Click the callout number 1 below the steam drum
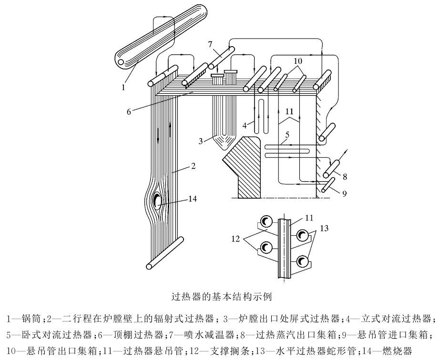[x=123, y=87]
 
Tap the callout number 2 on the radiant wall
[x=193, y=166]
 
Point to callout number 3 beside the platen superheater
[x=200, y=141]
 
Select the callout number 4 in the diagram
[x=245, y=125]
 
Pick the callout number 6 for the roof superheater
[x=129, y=112]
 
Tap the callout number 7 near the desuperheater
[x=210, y=44]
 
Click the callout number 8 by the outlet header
[x=345, y=177]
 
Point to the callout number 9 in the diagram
[x=344, y=193]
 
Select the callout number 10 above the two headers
[x=298, y=60]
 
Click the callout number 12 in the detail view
[x=236, y=239]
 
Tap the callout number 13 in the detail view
[x=324, y=228]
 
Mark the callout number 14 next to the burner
[x=193, y=199]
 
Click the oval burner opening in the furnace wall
[x=156, y=200]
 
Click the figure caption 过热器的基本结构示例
[x=221, y=297]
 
